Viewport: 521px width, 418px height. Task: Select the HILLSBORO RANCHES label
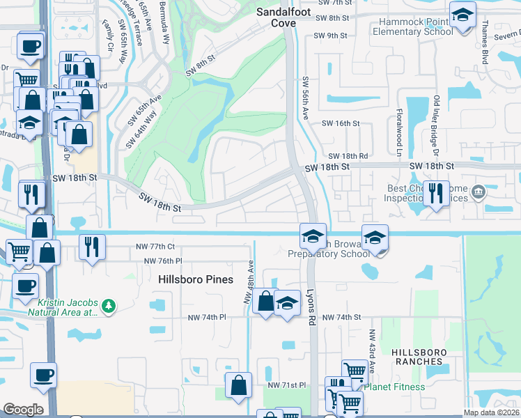[x=417, y=357]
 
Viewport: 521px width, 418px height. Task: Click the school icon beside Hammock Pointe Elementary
[x=462, y=17]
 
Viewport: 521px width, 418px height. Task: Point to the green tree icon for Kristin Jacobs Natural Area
[x=108, y=306]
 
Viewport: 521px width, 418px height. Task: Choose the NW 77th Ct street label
[x=157, y=247]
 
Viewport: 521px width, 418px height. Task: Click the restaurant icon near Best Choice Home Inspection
[x=436, y=193]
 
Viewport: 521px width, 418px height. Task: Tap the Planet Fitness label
[x=395, y=387]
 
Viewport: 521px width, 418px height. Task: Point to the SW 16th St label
[x=339, y=123]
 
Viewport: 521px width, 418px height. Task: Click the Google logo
[x=24, y=410]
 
